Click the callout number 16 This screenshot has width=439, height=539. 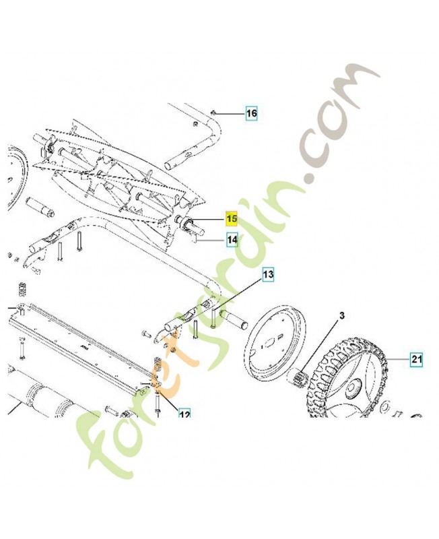click(x=251, y=113)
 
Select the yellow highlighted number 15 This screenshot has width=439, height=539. click(x=232, y=218)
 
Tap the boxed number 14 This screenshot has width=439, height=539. click(x=232, y=240)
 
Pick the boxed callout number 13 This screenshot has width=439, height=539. click(x=268, y=274)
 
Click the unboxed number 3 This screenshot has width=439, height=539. click(x=342, y=315)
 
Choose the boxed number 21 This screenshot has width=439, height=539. click(x=417, y=359)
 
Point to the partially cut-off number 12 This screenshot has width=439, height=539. click(x=184, y=414)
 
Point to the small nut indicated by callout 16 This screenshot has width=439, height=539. click(x=213, y=112)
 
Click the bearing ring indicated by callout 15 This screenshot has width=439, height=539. click(x=189, y=222)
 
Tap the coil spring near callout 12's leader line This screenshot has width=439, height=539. click(x=156, y=364)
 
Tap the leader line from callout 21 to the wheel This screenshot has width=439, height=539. click(x=399, y=359)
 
